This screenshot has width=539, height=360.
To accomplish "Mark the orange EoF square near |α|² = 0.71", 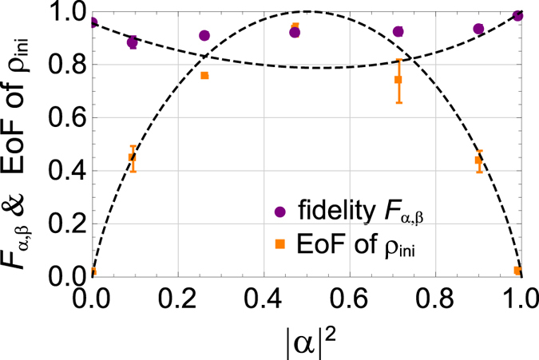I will coord(398,80).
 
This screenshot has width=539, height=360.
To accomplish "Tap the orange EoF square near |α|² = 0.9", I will coord(478,160).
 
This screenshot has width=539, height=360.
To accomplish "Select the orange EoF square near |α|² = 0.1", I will coord(133,158).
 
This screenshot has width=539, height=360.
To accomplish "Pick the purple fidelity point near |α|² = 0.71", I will coord(398,32).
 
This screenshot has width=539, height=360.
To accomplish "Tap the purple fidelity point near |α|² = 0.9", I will coord(478,29).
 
